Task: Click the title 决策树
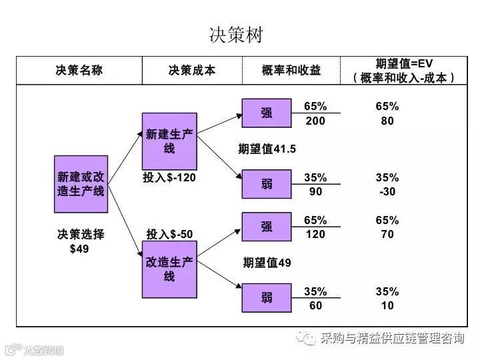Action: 240,35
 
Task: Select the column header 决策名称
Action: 79,70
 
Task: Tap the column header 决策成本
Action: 192,70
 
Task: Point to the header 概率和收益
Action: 291,70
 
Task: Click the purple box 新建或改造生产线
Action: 81,184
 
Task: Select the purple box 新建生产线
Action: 169,141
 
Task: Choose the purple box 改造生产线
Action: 169,269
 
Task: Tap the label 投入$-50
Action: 170,233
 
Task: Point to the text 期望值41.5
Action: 267,149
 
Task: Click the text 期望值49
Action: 267,262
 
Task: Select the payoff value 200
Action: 315,121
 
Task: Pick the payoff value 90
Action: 315,191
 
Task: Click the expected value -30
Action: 387,191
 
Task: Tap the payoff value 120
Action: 315,234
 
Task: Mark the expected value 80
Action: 387,121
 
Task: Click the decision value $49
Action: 79,249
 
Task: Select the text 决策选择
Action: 81,234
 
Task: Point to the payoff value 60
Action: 315,305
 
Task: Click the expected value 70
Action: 387,234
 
